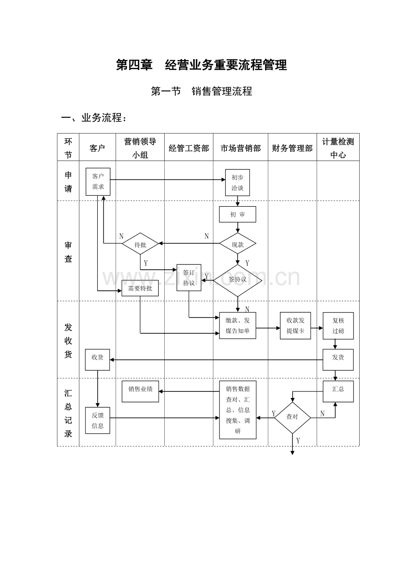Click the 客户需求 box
[x=98, y=181]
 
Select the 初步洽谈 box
[x=237, y=183]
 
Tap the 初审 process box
[x=237, y=214]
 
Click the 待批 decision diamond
[x=140, y=243]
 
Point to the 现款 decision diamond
[x=237, y=243]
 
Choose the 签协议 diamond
[x=237, y=281]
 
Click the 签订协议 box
[x=189, y=278]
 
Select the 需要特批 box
[x=140, y=288]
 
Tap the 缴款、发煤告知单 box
[x=237, y=325]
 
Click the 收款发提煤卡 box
[x=295, y=326]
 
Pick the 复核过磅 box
[x=338, y=326]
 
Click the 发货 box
[x=338, y=359]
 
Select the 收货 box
[x=98, y=359]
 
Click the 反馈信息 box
[x=98, y=420]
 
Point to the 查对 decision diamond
[x=292, y=418]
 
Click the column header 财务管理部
[x=292, y=148]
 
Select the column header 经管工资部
[x=189, y=148]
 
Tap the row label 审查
[x=68, y=252]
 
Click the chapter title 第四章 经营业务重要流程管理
[x=201, y=65]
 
